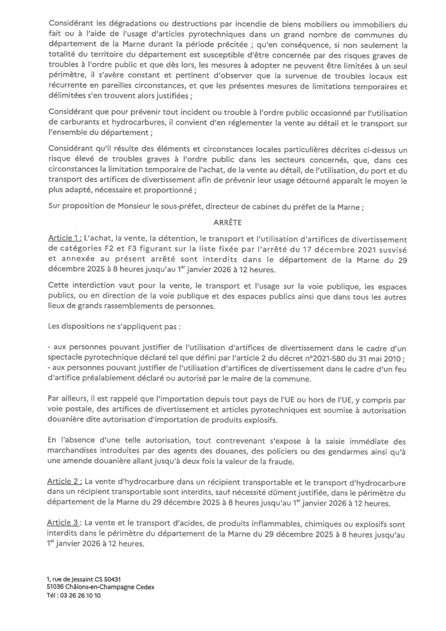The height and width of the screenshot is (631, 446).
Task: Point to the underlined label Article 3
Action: [x=64, y=524]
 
